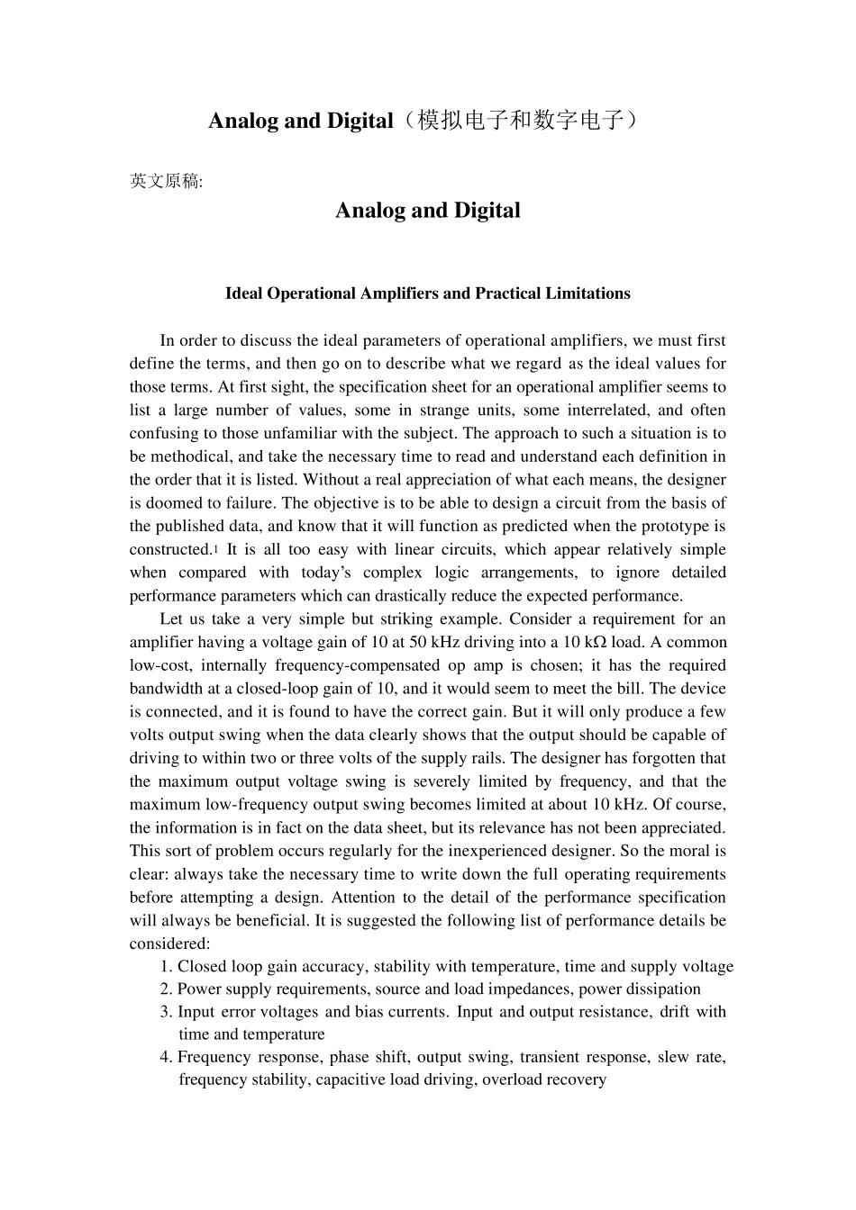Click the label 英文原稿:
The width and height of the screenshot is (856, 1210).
(x=167, y=181)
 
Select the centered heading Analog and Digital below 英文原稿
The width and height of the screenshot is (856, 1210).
(x=427, y=211)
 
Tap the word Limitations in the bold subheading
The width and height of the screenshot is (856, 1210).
(x=586, y=293)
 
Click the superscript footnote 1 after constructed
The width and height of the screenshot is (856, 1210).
(x=215, y=549)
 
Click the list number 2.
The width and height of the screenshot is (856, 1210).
(x=165, y=989)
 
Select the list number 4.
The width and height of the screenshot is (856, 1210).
(x=165, y=1058)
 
